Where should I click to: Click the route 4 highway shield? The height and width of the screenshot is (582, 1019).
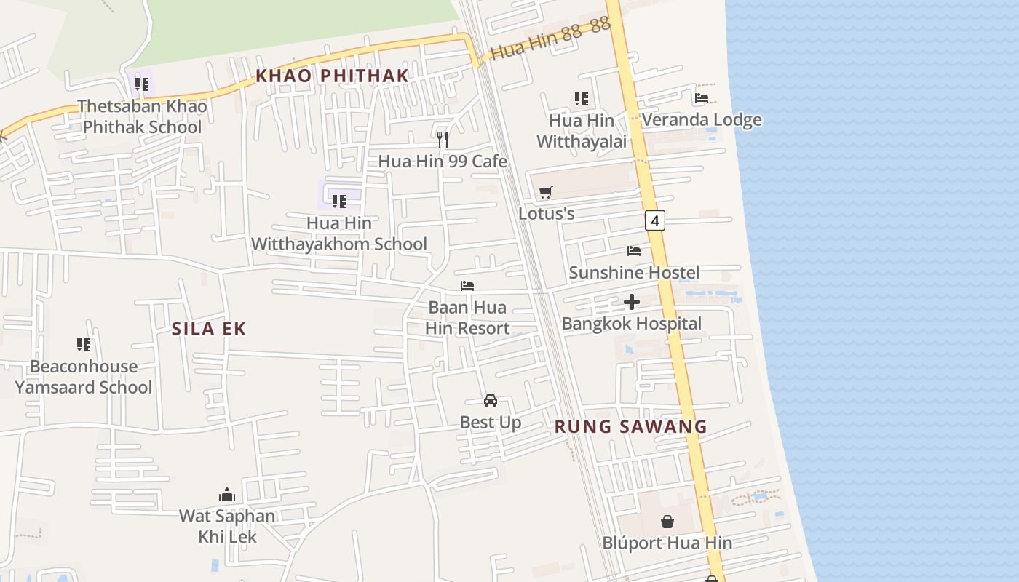655,220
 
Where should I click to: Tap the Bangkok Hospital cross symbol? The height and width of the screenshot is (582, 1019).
632,301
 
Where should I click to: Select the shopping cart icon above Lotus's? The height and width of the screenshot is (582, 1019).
546,192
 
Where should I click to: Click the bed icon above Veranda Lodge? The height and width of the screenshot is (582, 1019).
702,97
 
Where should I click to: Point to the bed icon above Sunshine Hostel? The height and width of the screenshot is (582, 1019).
634,250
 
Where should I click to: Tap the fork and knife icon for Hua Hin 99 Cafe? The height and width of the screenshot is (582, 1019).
443,139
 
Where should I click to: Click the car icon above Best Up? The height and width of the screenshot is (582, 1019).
491,401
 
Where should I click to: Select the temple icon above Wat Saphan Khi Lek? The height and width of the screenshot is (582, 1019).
227,495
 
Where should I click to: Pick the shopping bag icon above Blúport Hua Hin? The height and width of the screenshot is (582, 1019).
667,521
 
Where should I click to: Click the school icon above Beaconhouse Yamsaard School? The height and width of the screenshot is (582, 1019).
84,344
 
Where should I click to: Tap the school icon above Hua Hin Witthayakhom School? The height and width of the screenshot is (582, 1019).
338,201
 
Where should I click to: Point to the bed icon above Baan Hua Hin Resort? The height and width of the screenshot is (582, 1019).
467,286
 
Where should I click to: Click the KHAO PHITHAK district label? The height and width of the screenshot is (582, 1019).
332,76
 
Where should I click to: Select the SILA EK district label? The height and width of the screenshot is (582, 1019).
209,329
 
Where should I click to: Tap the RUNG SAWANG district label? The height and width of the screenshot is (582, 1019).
631,426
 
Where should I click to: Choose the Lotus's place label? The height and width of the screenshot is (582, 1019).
547,214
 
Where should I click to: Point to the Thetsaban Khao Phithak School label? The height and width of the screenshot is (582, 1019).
142,116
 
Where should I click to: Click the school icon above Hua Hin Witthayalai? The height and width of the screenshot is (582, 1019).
581,98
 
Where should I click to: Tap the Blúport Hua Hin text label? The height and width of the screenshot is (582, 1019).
667,543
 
